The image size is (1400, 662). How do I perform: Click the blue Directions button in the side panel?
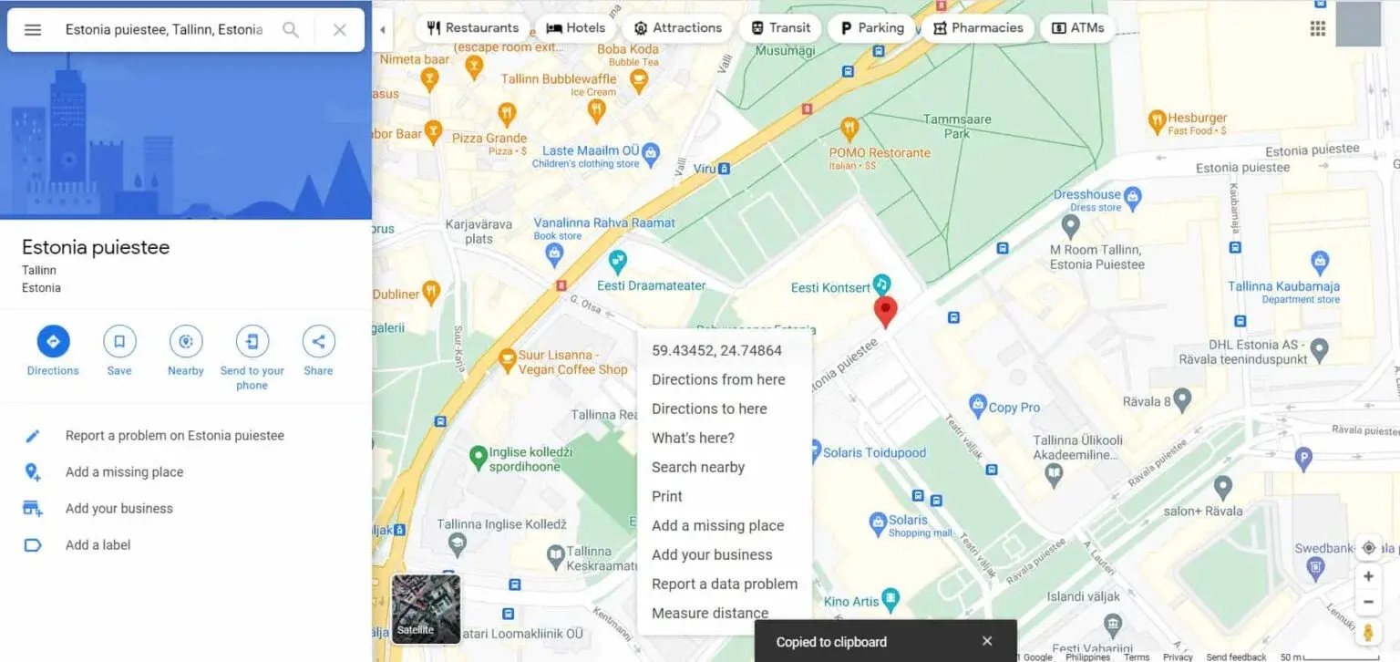click(x=53, y=342)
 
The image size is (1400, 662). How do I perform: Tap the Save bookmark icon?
click(x=119, y=342)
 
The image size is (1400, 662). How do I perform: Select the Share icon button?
click(x=318, y=342)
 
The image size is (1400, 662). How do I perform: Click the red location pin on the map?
click(x=885, y=310)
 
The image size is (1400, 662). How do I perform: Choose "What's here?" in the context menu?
click(x=693, y=438)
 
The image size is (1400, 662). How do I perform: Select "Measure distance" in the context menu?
click(x=709, y=613)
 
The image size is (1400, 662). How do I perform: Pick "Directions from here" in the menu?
click(x=718, y=379)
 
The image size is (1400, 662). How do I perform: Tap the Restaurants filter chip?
click(x=473, y=27)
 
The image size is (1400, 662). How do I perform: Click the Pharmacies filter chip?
click(x=977, y=27)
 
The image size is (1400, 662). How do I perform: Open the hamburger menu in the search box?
click(x=33, y=29)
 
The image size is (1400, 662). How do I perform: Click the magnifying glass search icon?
click(x=291, y=29)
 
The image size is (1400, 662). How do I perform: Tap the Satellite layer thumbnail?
click(x=426, y=608)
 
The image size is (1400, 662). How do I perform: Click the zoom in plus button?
click(x=1368, y=576)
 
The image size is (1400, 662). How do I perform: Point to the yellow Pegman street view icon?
click(x=1368, y=631)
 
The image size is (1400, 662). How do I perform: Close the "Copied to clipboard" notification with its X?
click(x=987, y=641)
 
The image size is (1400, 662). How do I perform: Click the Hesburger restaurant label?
click(x=1197, y=119)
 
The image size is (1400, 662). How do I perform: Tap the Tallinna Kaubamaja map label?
click(x=1283, y=286)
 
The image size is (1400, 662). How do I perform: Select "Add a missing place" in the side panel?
click(x=124, y=471)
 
